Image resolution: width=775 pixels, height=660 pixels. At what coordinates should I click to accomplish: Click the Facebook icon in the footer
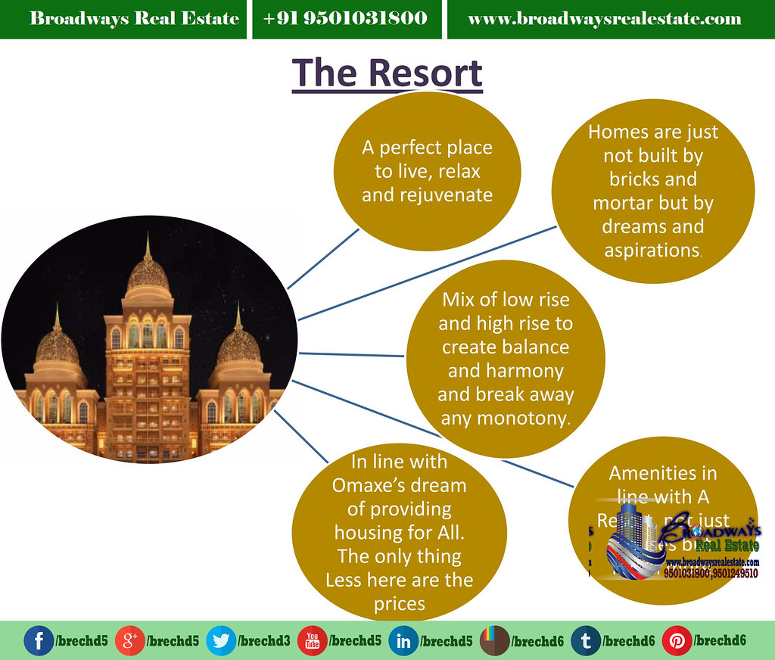[39, 640]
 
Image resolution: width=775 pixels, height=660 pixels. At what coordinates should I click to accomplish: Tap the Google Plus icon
[129, 640]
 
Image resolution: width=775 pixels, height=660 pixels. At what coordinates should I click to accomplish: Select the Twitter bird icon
[220, 640]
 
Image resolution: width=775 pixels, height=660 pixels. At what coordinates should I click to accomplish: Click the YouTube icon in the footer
[312, 640]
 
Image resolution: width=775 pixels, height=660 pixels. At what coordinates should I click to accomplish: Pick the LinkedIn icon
[403, 640]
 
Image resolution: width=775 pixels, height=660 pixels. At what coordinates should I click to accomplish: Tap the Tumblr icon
[585, 640]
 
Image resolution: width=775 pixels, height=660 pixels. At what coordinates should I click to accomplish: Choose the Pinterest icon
[677, 640]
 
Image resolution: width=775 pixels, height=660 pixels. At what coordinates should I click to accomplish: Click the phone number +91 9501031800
[345, 18]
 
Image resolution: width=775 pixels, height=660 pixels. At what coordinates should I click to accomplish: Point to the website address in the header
[605, 18]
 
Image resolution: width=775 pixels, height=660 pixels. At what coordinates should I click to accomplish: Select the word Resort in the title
[426, 73]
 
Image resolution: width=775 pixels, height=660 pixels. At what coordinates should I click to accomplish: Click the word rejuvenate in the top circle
[427, 195]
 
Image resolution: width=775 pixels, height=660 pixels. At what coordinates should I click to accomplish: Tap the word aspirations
[652, 250]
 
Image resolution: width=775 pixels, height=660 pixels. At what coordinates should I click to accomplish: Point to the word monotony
[505, 418]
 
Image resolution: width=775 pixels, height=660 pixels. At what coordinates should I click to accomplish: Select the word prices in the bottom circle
[399, 604]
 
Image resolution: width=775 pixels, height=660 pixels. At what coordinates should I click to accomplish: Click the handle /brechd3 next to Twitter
[264, 640]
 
